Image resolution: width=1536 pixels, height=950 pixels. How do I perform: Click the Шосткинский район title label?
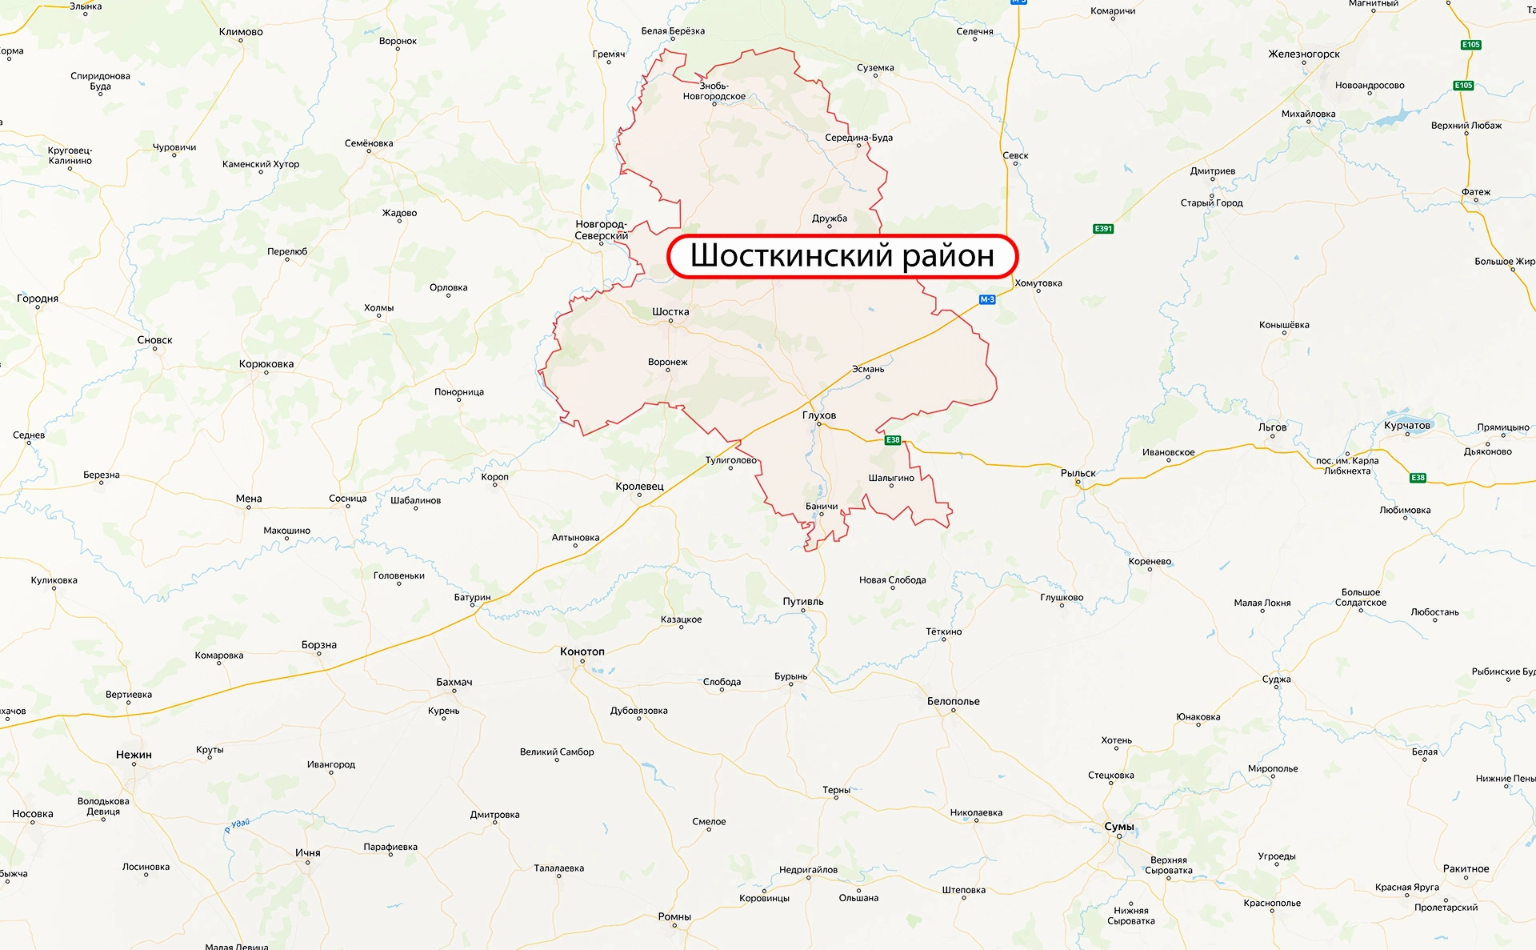[x=842, y=256]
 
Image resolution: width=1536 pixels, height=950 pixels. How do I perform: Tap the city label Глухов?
[x=819, y=415]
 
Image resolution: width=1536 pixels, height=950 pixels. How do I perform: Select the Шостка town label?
[x=670, y=311]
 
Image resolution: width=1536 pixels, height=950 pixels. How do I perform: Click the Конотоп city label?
[x=582, y=651]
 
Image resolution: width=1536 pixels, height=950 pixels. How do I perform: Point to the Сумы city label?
[x=1118, y=826]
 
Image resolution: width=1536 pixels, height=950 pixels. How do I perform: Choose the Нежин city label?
[x=134, y=755]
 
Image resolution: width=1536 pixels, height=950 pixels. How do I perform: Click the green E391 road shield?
[x=1103, y=229]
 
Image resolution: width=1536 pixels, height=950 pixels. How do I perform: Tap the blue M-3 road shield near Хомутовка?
[x=987, y=299]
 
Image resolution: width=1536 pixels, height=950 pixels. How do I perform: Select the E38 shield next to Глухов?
[x=893, y=440]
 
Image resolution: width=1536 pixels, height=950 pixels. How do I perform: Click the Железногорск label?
[x=1304, y=54]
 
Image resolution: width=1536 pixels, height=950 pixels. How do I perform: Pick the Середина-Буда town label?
[x=858, y=138]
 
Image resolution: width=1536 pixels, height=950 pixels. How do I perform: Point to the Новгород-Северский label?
[x=601, y=230]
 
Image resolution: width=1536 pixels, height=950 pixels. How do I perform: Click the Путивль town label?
[x=803, y=601]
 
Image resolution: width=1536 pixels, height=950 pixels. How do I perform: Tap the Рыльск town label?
[x=1078, y=473]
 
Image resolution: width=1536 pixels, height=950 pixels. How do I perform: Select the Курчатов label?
[x=1406, y=425]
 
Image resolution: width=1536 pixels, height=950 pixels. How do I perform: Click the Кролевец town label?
[x=639, y=486]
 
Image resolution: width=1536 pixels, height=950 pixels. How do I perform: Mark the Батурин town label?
[x=472, y=597]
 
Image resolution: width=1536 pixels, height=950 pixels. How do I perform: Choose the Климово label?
[x=241, y=32]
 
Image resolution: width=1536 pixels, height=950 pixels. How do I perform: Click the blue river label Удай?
[x=238, y=825]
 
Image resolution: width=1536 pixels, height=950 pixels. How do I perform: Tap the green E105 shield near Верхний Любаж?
[x=1463, y=86]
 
